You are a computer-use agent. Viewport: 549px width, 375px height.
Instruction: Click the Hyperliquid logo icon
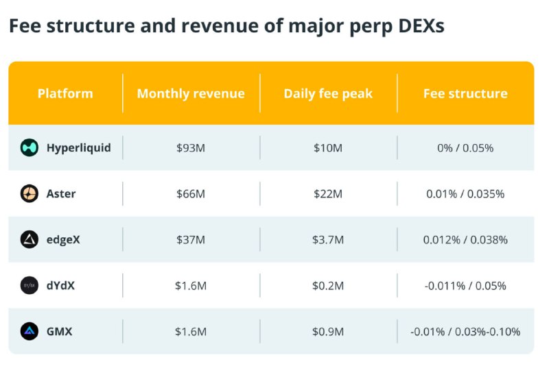(30, 147)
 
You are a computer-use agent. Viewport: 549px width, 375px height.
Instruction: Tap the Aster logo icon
(30, 193)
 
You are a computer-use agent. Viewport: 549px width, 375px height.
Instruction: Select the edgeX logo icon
(30, 239)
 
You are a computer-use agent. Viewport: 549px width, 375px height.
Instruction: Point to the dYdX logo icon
(30, 285)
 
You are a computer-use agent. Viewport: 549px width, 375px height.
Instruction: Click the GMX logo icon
(30, 331)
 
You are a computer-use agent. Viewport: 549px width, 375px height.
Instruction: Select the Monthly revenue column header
(191, 93)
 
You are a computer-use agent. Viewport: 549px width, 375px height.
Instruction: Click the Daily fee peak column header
(328, 93)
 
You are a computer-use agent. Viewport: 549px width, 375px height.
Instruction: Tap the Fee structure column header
(465, 93)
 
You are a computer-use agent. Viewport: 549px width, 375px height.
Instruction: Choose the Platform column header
(65, 93)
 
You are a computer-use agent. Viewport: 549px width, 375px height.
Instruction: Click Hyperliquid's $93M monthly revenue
(191, 147)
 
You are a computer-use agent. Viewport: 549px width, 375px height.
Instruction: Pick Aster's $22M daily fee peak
(328, 193)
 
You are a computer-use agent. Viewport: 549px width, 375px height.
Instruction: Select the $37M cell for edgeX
(191, 239)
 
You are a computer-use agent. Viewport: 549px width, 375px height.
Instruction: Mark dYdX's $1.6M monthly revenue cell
(191, 285)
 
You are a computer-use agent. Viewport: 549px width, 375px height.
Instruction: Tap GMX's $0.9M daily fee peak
(328, 331)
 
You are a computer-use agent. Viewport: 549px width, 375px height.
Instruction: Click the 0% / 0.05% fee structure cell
(465, 147)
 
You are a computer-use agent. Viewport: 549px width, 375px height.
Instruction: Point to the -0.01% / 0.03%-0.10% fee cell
(465, 331)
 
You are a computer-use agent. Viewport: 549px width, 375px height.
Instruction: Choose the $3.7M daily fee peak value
(328, 239)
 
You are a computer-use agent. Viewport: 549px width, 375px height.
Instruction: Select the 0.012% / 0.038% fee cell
(465, 239)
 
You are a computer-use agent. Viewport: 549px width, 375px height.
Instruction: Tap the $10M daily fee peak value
(328, 147)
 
